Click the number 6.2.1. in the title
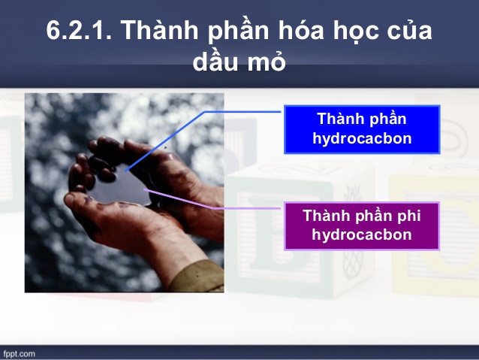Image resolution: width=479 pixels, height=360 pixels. pos(78,31)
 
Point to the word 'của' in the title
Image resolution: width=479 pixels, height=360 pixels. pos(411,31)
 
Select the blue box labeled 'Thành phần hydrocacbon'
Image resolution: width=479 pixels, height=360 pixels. pos(361,129)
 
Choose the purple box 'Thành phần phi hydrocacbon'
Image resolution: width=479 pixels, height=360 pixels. pos(361,225)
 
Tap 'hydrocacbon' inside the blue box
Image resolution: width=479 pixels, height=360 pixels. pos(361,139)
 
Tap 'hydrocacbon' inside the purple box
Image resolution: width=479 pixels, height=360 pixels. pos(361,235)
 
